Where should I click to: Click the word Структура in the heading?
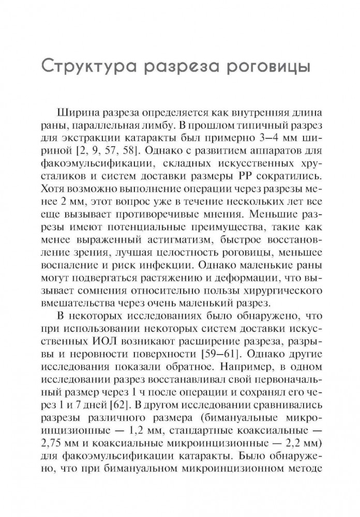click(x=99, y=68)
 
